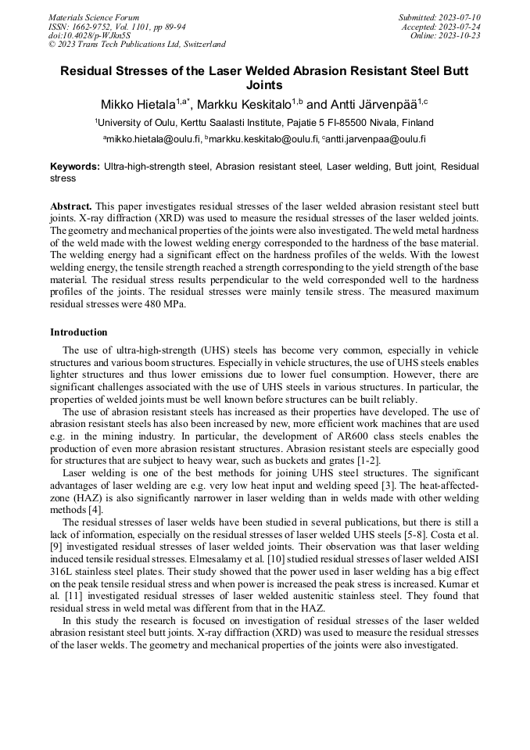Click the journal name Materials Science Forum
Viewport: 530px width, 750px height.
coord(94,17)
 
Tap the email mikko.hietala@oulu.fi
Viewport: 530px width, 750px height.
coord(153,139)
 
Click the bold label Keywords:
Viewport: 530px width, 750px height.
coord(75,167)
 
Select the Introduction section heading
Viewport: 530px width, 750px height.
coord(78,332)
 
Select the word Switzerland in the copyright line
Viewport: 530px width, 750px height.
coord(202,45)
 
